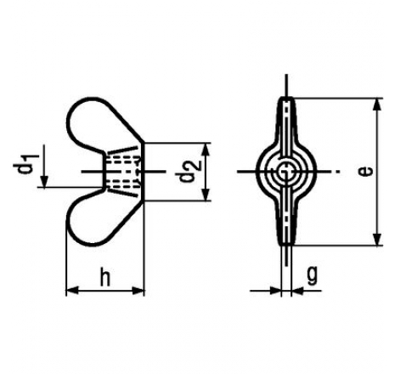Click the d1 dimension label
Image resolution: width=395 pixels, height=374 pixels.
click(23, 163)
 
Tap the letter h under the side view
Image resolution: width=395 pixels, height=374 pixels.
click(105, 278)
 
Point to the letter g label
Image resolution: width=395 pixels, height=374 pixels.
click(312, 275)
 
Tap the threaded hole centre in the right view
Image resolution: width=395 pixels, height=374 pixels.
click(285, 172)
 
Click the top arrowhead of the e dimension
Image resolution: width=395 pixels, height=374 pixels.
click(376, 105)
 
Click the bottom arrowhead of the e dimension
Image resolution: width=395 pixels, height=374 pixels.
click(376, 239)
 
